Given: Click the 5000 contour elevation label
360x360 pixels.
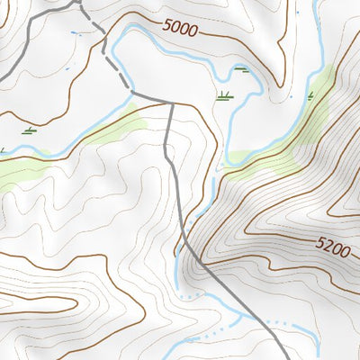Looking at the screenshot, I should click(x=180, y=28).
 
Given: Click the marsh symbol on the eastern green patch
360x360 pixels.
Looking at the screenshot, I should click(x=310, y=95).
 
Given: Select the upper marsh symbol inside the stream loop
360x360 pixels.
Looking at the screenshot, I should click(x=241, y=70).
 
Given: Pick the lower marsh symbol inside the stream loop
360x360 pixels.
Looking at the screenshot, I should click(x=224, y=94).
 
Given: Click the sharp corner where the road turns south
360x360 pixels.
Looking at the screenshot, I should click(x=171, y=103).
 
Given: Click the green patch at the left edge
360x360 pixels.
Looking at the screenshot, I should click(x=13, y=171).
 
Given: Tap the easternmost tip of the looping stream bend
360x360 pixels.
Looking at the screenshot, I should click(x=262, y=88).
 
